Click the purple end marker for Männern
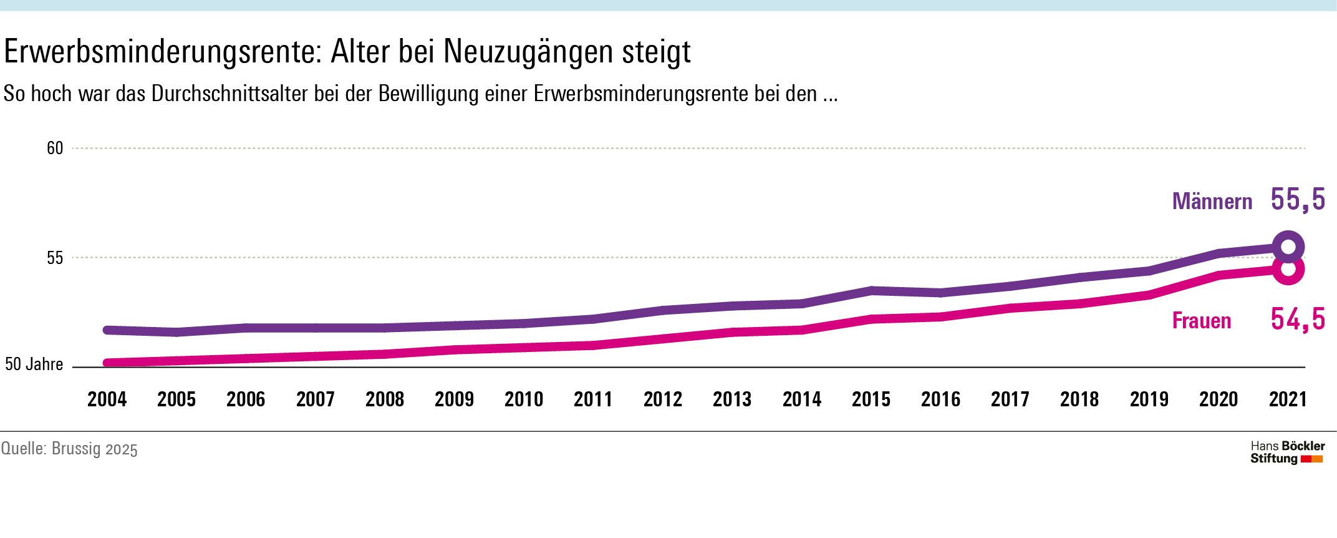click(1288, 247)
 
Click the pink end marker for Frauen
click(1288, 269)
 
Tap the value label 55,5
click(1298, 200)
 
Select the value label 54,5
click(1298, 320)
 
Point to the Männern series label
click(1212, 202)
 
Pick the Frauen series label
click(1202, 321)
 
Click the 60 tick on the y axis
click(55, 149)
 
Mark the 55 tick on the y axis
click(55, 258)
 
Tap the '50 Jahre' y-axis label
click(34, 364)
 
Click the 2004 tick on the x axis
click(107, 399)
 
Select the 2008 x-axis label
click(385, 399)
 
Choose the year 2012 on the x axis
click(663, 399)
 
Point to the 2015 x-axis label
click(871, 399)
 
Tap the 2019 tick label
click(1149, 399)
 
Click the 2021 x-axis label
click(1288, 399)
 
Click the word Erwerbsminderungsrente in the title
click(162, 52)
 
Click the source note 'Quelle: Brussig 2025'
click(69, 449)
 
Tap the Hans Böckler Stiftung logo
click(1287, 452)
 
